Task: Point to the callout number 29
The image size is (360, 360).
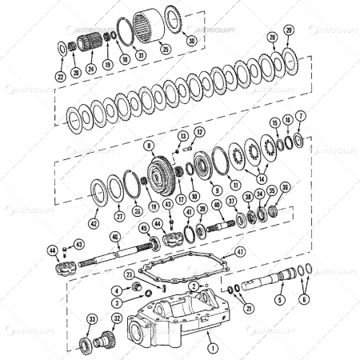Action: pos(289,30)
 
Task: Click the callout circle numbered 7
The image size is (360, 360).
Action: pos(301,116)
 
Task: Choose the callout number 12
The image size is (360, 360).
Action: pos(200,131)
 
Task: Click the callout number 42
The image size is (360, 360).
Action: pos(94,224)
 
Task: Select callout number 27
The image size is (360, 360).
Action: pos(119,216)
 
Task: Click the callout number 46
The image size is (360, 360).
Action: pos(115,237)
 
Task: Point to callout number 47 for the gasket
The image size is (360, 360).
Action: pos(239,251)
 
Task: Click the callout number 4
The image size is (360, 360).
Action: pos(116,290)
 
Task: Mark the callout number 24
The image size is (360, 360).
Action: pos(91,70)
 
